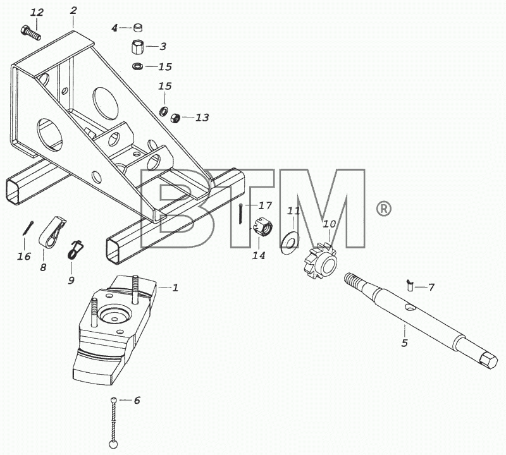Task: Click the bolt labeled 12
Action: [31, 33]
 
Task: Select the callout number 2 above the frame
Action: [73, 11]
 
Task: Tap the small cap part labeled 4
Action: [138, 28]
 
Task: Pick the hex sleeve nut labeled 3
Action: [138, 47]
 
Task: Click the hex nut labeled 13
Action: [175, 117]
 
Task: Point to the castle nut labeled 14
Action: [263, 227]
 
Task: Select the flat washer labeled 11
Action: [290, 241]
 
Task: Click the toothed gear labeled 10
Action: [321, 262]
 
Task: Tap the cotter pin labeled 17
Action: [241, 214]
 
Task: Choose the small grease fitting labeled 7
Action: [410, 285]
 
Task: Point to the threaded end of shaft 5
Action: [354, 281]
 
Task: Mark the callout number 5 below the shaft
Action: [405, 343]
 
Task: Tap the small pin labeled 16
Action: [28, 228]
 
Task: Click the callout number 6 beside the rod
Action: [137, 401]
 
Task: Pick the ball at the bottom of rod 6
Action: [113, 444]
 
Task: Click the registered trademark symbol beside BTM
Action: [384, 209]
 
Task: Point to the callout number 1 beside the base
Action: [175, 288]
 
